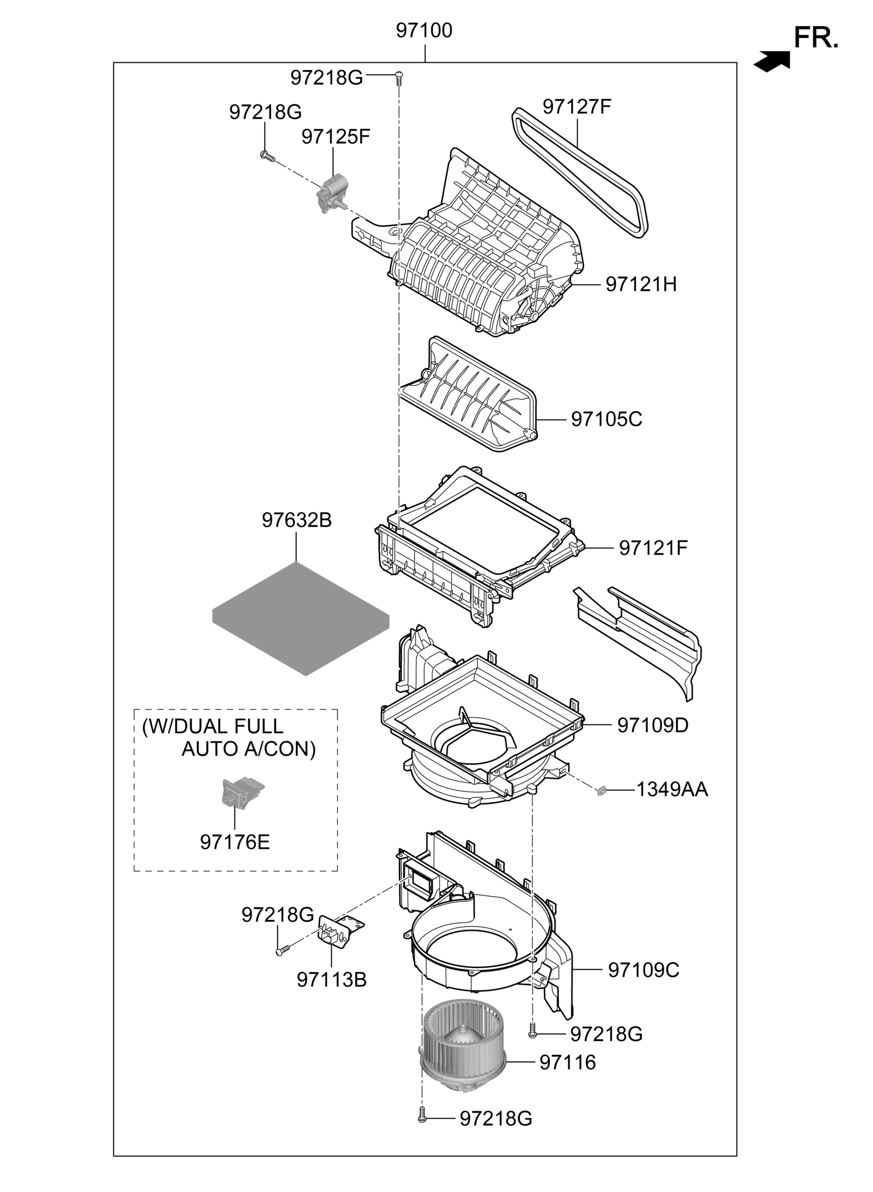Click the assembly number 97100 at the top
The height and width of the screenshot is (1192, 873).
tap(424, 31)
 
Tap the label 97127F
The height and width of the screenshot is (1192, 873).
tap(577, 107)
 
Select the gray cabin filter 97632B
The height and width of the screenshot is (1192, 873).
tap(300, 619)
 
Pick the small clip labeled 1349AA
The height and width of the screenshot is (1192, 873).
tap(600, 791)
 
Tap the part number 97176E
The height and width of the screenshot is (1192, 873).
tap(235, 842)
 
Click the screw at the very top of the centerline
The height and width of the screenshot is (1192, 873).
tap(400, 77)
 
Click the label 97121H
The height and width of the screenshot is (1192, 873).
tap(641, 284)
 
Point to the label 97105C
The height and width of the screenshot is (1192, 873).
tap(606, 419)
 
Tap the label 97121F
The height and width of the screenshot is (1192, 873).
tap(653, 548)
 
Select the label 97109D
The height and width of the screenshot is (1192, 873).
tap(653, 725)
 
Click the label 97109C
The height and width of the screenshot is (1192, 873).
tap(644, 970)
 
